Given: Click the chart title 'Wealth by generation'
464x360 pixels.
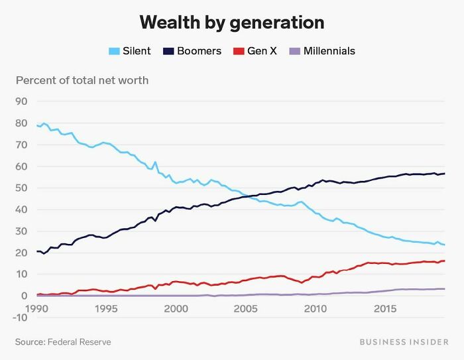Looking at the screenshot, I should tap(232, 23).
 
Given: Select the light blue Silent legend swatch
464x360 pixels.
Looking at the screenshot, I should tap(113, 51).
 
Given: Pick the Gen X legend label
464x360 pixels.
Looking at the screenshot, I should tap(262, 51).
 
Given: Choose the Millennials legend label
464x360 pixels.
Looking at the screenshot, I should tap(329, 51).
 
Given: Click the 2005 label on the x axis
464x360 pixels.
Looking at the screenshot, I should tap(246, 309).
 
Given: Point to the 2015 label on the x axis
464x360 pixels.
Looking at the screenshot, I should tap(385, 309).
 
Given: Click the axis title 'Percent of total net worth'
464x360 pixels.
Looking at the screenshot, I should tap(82, 81).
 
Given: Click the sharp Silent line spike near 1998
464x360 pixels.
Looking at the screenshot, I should tap(155, 162).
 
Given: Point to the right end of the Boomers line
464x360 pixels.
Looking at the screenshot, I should tap(444, 174).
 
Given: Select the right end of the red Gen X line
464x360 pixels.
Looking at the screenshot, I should tap(444, 261).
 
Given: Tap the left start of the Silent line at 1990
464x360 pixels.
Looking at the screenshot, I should tap(37, 125).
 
